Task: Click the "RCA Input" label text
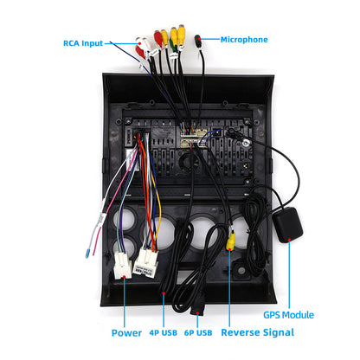tap(89, 43)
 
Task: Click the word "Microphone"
tap(244, 39)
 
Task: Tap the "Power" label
tap(126, 332)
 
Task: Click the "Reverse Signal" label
tap(259, 332)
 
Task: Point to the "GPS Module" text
tap(288, 315)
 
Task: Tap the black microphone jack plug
tap(201, 40)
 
